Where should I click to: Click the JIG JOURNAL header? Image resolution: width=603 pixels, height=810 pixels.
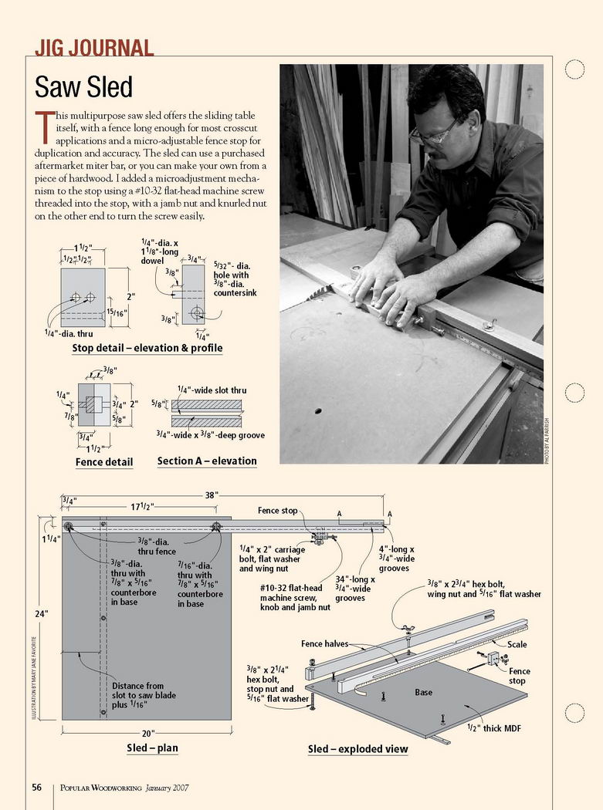tap(94, 48)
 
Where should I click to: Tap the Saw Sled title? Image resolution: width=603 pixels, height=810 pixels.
tap(84, 86)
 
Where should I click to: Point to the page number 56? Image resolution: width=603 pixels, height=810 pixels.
tap(37, 788)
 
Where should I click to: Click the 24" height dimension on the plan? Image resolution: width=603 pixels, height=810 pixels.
tap(41, 614)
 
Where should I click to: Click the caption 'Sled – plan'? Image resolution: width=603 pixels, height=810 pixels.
tap(152, 748)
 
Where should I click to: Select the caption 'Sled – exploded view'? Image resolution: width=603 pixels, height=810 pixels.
tap(357, 749)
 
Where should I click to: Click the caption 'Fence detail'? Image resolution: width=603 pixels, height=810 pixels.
tap(104, 462)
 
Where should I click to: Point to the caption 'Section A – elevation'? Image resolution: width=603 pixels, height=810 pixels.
tap(206, 461)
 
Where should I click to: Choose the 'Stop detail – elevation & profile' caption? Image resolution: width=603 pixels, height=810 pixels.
tap(147, 348)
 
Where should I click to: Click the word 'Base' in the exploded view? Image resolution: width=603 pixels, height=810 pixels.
tap(424, 692)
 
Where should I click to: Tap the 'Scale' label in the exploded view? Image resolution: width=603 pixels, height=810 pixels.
tap(517, 644)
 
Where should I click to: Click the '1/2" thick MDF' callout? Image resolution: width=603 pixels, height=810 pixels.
tap(497, 727)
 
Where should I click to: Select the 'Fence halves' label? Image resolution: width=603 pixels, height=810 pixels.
tap(325, 643)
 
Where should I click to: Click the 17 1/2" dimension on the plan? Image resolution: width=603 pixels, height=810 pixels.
tap(141, 507)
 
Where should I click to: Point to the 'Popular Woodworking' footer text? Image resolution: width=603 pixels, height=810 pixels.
tap(103, 788)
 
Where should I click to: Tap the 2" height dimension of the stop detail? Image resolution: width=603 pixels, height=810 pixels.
tap(131, 295)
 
